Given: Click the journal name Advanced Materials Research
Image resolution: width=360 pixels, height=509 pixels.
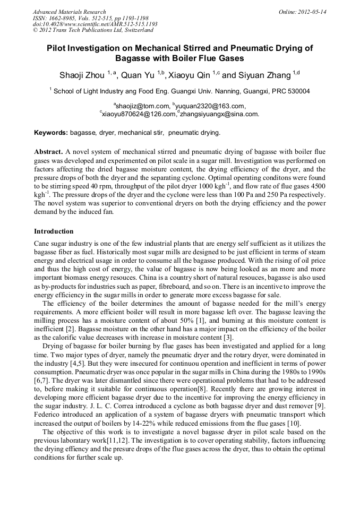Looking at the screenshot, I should (69, 12).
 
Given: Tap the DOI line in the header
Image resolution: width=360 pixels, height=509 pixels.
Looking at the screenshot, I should (95, 24).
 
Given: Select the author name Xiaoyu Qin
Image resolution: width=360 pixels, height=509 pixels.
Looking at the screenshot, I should (190, 75).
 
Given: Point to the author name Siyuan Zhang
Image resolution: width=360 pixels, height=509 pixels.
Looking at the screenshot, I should (256, 75).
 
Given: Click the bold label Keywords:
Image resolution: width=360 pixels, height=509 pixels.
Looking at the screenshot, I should (51, 132).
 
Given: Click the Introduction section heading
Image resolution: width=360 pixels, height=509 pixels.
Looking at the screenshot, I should (54, 231).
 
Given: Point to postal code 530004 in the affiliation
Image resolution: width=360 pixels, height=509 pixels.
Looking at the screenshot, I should (298, 91).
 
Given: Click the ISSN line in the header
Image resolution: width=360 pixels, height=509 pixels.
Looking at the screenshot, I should (90, 18).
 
